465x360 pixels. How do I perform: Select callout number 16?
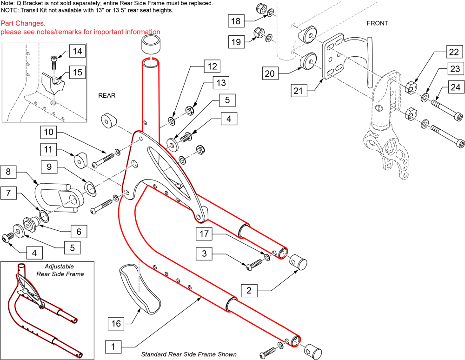click(117, 322)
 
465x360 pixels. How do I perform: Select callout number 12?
click(212, 67)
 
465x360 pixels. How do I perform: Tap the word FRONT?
click(377, 23)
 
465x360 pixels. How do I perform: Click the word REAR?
click(106, 95)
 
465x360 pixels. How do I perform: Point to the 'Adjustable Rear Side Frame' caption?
click(64, 270)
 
